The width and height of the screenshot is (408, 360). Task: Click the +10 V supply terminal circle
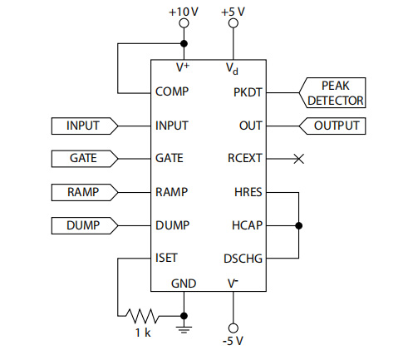(x=184, y=23)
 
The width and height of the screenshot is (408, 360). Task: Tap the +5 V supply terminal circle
(x=233, y=23)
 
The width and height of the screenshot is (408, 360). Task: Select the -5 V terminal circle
(x=233, y=328)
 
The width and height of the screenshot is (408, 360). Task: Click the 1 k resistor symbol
(x=142, y=316)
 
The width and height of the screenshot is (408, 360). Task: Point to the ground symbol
(x=184, y=330)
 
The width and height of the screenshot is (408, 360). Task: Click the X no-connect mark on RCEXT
(x=298, y=159)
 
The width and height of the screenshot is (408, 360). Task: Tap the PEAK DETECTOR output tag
(x=332, y=92)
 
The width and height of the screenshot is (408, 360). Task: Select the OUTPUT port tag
(x=332, y=126)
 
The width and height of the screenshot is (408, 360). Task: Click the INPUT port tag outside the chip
(x=85, y=126)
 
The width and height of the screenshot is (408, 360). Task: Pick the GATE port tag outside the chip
(x=85, y=159)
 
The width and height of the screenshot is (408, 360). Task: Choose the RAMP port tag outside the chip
(x=85, y=192)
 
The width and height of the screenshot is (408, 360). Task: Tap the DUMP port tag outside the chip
(x=85, y=225)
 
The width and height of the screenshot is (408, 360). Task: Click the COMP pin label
(x=172, y=91)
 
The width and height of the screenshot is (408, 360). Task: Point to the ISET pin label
(x=166, y=258)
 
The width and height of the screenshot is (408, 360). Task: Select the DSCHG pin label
(x=243, y=259)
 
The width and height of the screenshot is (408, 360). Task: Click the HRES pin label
(x=248, y=192)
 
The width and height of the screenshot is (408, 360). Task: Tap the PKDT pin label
(x=248, y=92)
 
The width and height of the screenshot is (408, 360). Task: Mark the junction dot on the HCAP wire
(x=298, y=225)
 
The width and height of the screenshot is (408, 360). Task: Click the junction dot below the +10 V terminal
(x=184, y=43)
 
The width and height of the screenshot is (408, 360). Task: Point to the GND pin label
(x=184, y=284)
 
